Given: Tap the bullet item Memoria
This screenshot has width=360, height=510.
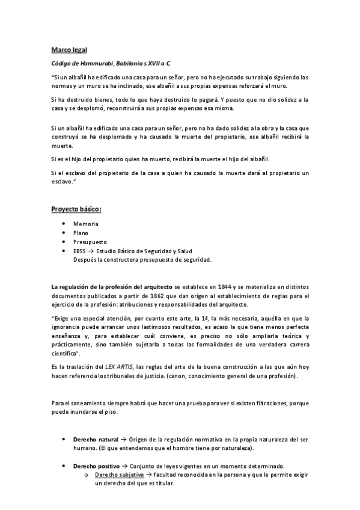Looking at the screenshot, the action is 85,223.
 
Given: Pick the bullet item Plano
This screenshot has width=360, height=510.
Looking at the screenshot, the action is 81,232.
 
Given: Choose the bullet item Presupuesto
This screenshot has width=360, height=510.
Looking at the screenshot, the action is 90,241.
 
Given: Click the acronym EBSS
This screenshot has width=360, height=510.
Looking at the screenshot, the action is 80,250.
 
